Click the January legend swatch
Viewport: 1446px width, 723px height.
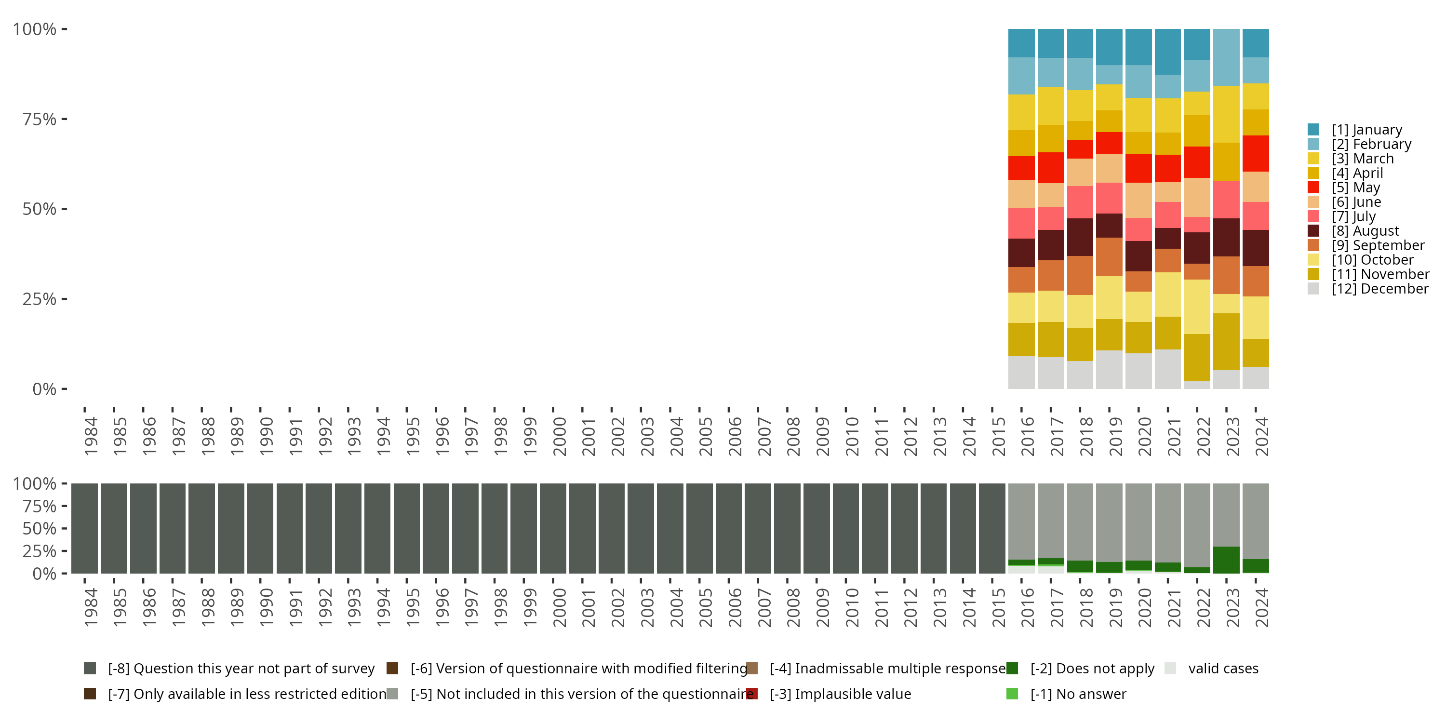point(1313,130)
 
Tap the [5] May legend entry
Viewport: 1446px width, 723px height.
point(1355,187)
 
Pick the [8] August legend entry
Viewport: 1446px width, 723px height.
point(1365,231)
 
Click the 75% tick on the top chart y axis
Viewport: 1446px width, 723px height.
point(40,119)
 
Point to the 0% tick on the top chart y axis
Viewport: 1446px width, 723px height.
point(44,389)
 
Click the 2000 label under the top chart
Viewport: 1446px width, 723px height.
point(559,436)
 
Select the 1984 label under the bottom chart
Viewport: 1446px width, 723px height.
point(91,607)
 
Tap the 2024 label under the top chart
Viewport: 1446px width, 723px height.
point(1261,436)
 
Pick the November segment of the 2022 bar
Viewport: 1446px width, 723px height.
point(1197,358)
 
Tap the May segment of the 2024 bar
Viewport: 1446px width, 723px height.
point(1256,153)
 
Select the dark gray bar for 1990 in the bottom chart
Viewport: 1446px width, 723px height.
point(260,528)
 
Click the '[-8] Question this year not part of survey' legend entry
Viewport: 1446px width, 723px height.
point(241,669)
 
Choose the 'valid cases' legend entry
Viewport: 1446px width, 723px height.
point(1223,669)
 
